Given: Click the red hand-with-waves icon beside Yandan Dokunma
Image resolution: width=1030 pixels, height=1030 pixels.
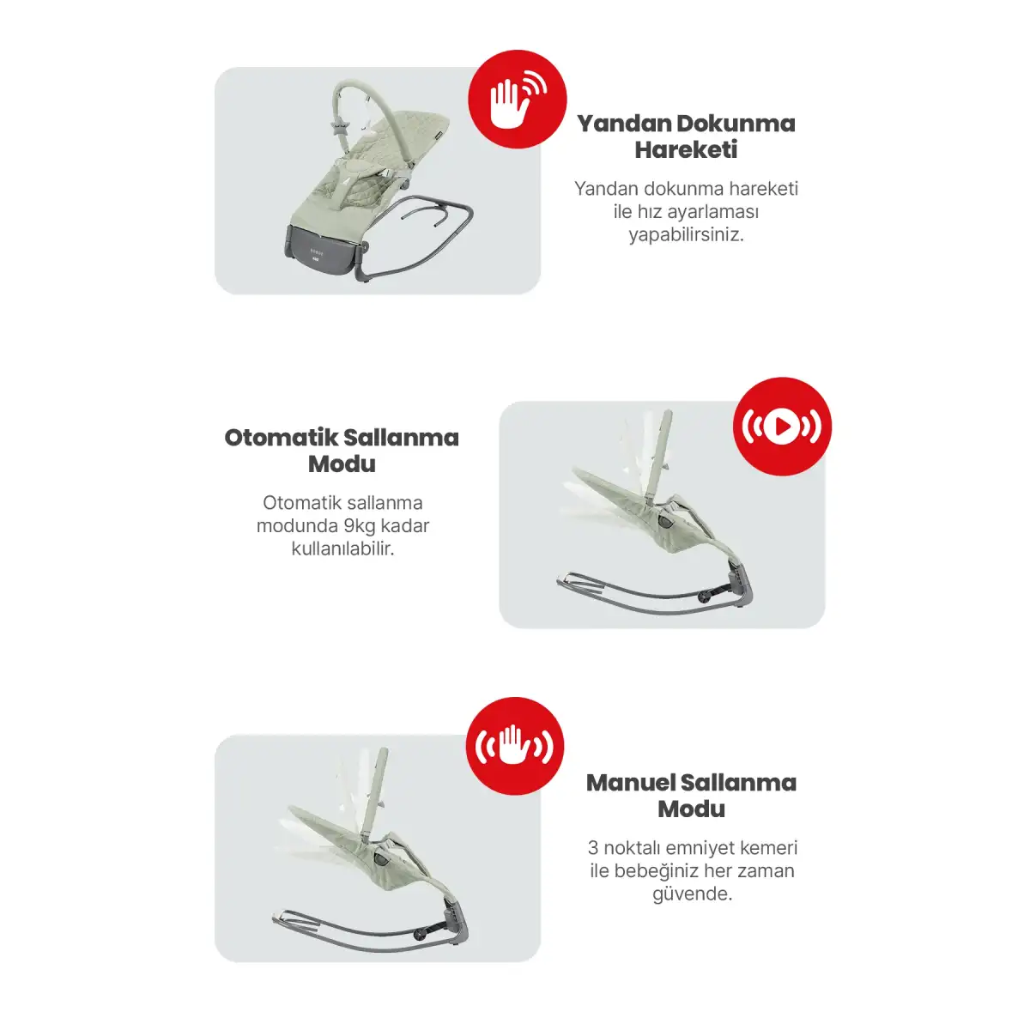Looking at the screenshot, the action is pos(517,100).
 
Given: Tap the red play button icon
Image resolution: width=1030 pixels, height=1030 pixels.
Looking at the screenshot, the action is pos(782,427).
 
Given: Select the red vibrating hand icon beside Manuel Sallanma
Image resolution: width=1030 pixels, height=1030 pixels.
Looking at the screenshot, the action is pos(515,746).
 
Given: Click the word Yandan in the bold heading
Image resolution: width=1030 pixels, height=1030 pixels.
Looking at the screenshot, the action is pos(624,124).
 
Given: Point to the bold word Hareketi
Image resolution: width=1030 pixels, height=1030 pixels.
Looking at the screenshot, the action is pos(687,149).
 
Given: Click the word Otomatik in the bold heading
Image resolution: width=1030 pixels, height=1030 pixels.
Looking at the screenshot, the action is pos(282,437).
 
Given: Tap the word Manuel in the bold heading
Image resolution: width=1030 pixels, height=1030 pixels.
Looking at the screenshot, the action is pos(630,783).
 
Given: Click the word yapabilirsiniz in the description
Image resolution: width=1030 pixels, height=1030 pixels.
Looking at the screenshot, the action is pos(687,235).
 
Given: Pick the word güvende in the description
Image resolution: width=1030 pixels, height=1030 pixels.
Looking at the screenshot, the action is pos(692,894).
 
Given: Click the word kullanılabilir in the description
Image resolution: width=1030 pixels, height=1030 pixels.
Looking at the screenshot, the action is pos(342,549).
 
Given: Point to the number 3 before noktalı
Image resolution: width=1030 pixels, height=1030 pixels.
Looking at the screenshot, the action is pos(593,848).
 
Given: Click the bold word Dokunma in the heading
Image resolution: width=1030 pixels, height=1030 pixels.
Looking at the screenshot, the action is pos(736,124).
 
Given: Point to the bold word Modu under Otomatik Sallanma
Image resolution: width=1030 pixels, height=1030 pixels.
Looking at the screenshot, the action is pos(342,463).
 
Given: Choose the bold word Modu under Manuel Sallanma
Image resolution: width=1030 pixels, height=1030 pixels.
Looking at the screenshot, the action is pos(692,809).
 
